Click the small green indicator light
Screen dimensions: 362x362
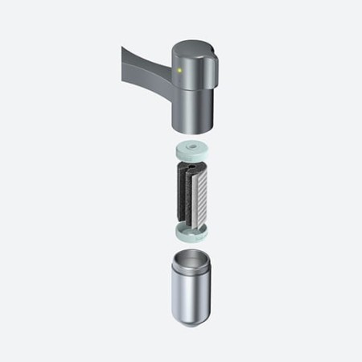[181, 71]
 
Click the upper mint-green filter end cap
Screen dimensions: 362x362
[194, 150]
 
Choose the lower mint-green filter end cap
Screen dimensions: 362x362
[194, 234]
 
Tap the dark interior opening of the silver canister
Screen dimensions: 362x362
[193, 263]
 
